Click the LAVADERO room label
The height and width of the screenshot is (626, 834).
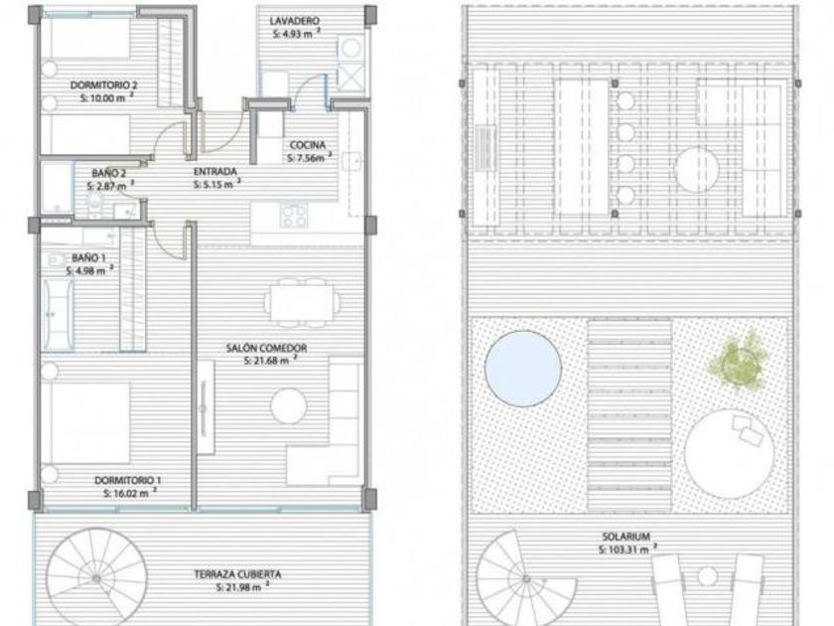pyautogui.click(x=294, y=21)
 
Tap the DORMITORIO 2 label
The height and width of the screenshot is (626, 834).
pyautogui.click(x=104, y=85)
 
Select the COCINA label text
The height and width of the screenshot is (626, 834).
pyautogui.click(x=308, y=145)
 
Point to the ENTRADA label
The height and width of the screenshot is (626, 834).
pyautogui.click(x=214, y=171)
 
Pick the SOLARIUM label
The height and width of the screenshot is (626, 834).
pyautogui.click(x=626, y=537)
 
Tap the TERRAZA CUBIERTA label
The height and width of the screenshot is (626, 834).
pyautogui.click(x=237, y=574)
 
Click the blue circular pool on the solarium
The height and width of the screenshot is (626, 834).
pyautogui.click(x=523, y=369)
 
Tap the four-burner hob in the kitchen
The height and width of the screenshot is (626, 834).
pyautogui.click(x=294, y=216)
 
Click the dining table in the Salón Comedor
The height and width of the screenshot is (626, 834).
pyautogui.click(x=302, y=302)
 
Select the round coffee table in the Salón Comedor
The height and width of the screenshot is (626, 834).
pyautogui.click(x=289, y=406)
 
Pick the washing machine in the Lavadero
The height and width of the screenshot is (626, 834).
pyautogui.click(x=350, y=49)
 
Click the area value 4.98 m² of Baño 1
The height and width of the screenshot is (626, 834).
pyautogui.click(x=89, y=271)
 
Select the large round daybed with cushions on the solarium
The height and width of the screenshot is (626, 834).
pyautogui.click(x=729, y=453)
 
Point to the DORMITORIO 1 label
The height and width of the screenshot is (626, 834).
pyautogui.click(x=128, y=480)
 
